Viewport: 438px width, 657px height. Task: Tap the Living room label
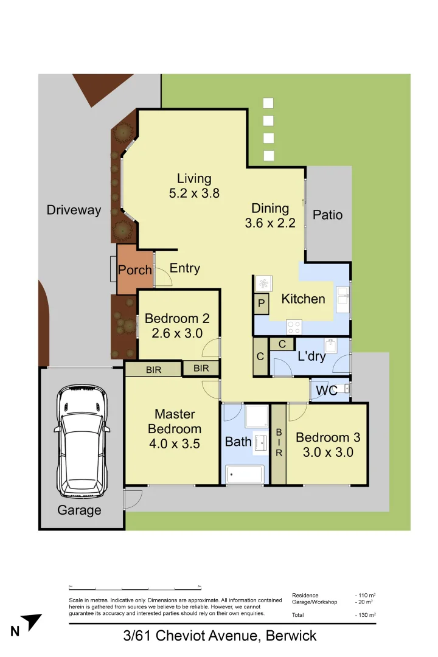[x=194, y=179]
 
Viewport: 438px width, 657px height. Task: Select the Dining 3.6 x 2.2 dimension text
[x=270, y=223]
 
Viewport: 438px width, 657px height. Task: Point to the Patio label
[x=327, y=215]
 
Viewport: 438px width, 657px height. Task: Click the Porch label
[x=134, y=270]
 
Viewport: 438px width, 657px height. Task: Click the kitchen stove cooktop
[x=294, y=326]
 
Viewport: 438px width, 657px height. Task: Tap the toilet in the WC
[x=344, y=388]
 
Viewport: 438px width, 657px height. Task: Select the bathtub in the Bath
[x=245, y=474]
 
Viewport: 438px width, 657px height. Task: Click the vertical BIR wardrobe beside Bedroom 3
[x=279, y=443]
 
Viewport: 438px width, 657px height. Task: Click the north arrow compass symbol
[x=32, y=622]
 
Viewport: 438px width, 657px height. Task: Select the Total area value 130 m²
[x=366, y=615]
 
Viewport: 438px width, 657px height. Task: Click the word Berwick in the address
[x=291, y=636]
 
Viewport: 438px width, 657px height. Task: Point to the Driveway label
[x=74, y=210]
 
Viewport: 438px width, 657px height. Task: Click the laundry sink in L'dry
[x=332, y=346]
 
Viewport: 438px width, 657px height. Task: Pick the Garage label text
[x=79, y=510]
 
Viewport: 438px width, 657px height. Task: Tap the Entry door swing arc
[x=164, y=277]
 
